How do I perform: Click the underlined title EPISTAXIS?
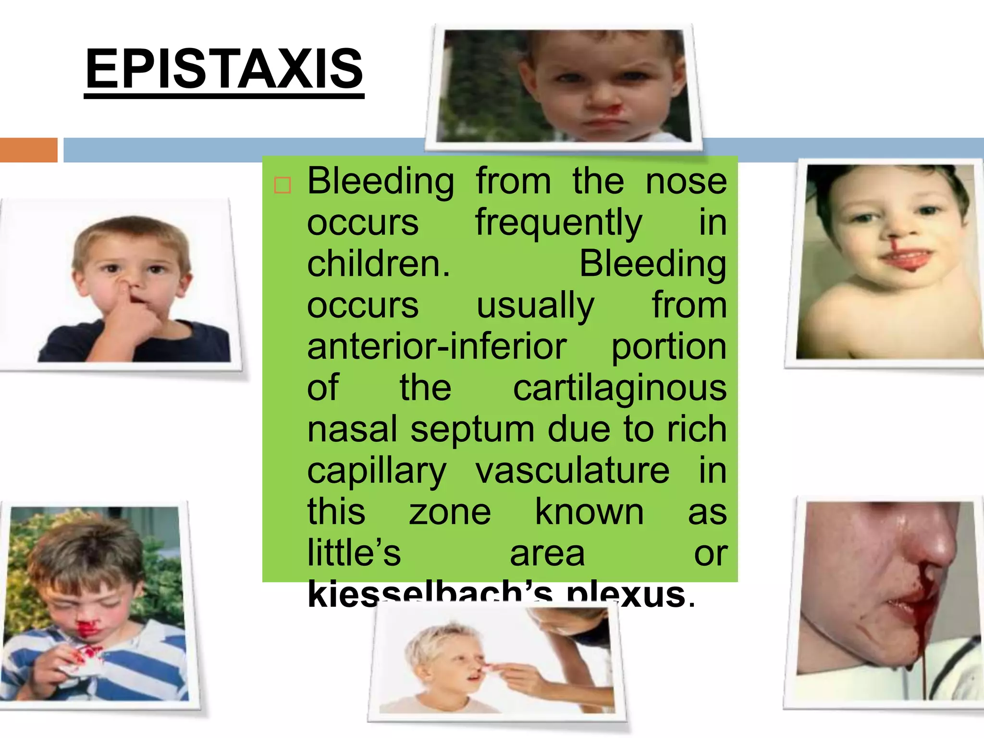[224, 69]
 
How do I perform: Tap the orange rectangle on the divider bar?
[28, 150]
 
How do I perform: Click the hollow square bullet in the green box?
[283, 185]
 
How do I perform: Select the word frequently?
[559, 223]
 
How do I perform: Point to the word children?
[379, 264]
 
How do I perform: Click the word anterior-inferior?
[437, 346]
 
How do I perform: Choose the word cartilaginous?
[620, 388]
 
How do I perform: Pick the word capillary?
[377, 471]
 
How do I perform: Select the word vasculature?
[572, 470]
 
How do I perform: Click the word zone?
[450, 512]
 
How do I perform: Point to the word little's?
[354, 553]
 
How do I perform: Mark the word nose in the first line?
[686, 182]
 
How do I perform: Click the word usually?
[535, 306]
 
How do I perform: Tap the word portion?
[668, 347]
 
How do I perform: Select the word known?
[589, 512]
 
